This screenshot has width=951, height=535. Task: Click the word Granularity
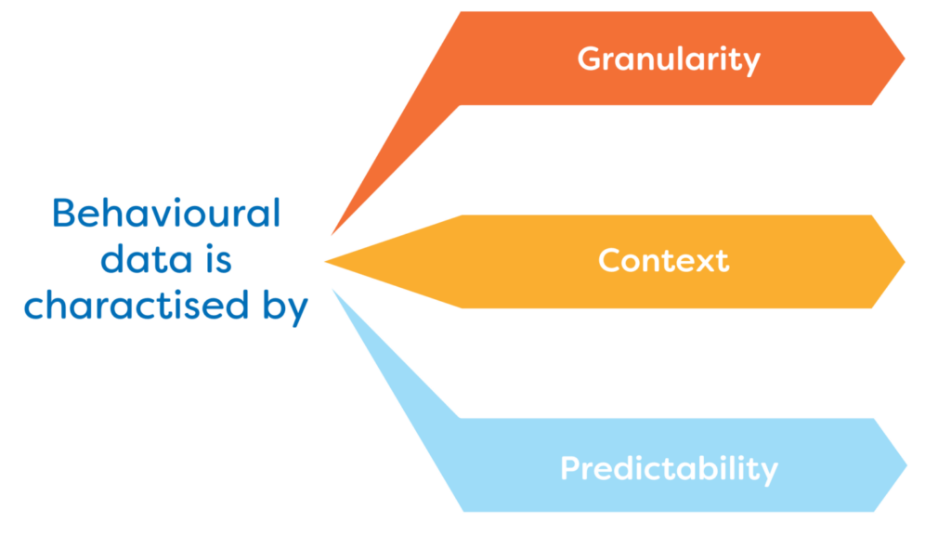(x=669, y=59)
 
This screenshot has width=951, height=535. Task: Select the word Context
(x=663, y=260)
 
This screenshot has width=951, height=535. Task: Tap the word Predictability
(x=669, y=468)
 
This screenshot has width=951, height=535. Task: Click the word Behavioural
(x=166, y=213)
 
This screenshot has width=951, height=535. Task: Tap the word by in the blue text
(x=285, y=307)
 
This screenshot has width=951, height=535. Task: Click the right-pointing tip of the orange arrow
(x=905, y=59)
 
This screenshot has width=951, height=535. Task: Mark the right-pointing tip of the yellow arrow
(x=905, y=262)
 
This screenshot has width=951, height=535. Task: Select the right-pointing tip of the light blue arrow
(x=906, y=465)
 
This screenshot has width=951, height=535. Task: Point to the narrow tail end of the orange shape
(x=332, y=235)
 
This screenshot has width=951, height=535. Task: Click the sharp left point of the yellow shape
(x=325, y=261)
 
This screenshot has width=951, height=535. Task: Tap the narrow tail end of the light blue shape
(x=333, y=290)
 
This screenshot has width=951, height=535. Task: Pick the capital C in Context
(x=611, y=261)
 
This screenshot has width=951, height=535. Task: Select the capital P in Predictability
(x=571, y=468)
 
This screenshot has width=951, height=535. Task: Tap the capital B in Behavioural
(x=64, y=214)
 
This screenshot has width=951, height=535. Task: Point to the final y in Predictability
(x=768, y=473)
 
